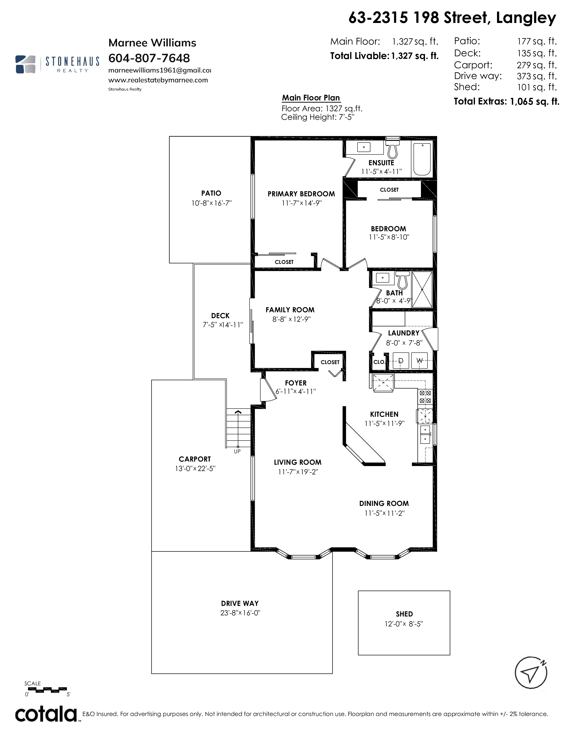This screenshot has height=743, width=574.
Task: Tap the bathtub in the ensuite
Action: (x=422, y=159)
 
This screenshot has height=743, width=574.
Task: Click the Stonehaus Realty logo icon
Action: (x=25, y=64)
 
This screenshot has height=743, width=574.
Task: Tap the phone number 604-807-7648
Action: (x=149, y=58)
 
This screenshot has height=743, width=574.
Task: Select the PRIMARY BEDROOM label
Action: (x=301, y=194)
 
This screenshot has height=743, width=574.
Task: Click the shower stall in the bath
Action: (x=422, y=290)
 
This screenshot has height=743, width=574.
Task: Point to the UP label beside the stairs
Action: (x=237, y=451)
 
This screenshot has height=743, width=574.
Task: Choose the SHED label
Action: (x=404, y=614)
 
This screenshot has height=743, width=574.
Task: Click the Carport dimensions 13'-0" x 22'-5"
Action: (x=195, y=469)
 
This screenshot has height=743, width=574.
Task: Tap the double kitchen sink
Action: (x=425, y=435)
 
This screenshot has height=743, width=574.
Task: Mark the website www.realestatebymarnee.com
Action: (x=158, y=80)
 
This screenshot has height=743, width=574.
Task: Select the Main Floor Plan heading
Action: (x=311, y=98)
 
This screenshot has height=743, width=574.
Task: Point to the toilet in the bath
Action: (x=403, y=279)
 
